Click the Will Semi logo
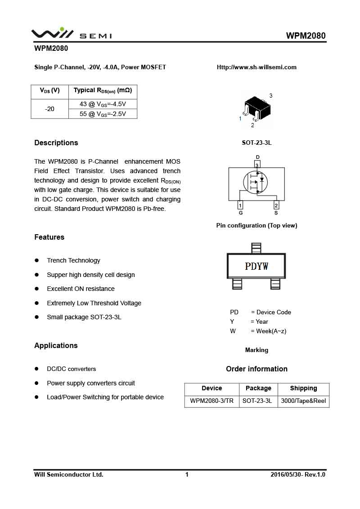(71, 34)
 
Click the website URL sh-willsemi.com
(256, 67)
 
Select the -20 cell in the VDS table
(49, 109)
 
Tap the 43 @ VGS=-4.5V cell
(103, 104)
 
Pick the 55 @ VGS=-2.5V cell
(103, 114)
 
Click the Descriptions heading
(56, 143)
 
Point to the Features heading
(49, 237)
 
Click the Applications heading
(56, 346)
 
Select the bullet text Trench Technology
(73, 261)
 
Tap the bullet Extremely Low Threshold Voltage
(94, 304)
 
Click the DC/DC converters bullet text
(71, 369)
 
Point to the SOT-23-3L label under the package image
(256, 143)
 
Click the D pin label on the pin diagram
(257, 157)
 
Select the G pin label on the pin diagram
(241, 213)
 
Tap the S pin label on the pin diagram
(276, 213)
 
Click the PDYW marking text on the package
(256, 267)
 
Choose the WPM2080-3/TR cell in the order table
(211, 401)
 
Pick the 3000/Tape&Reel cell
(303, 401)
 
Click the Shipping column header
(303, 388)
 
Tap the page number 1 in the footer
(187, 475)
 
